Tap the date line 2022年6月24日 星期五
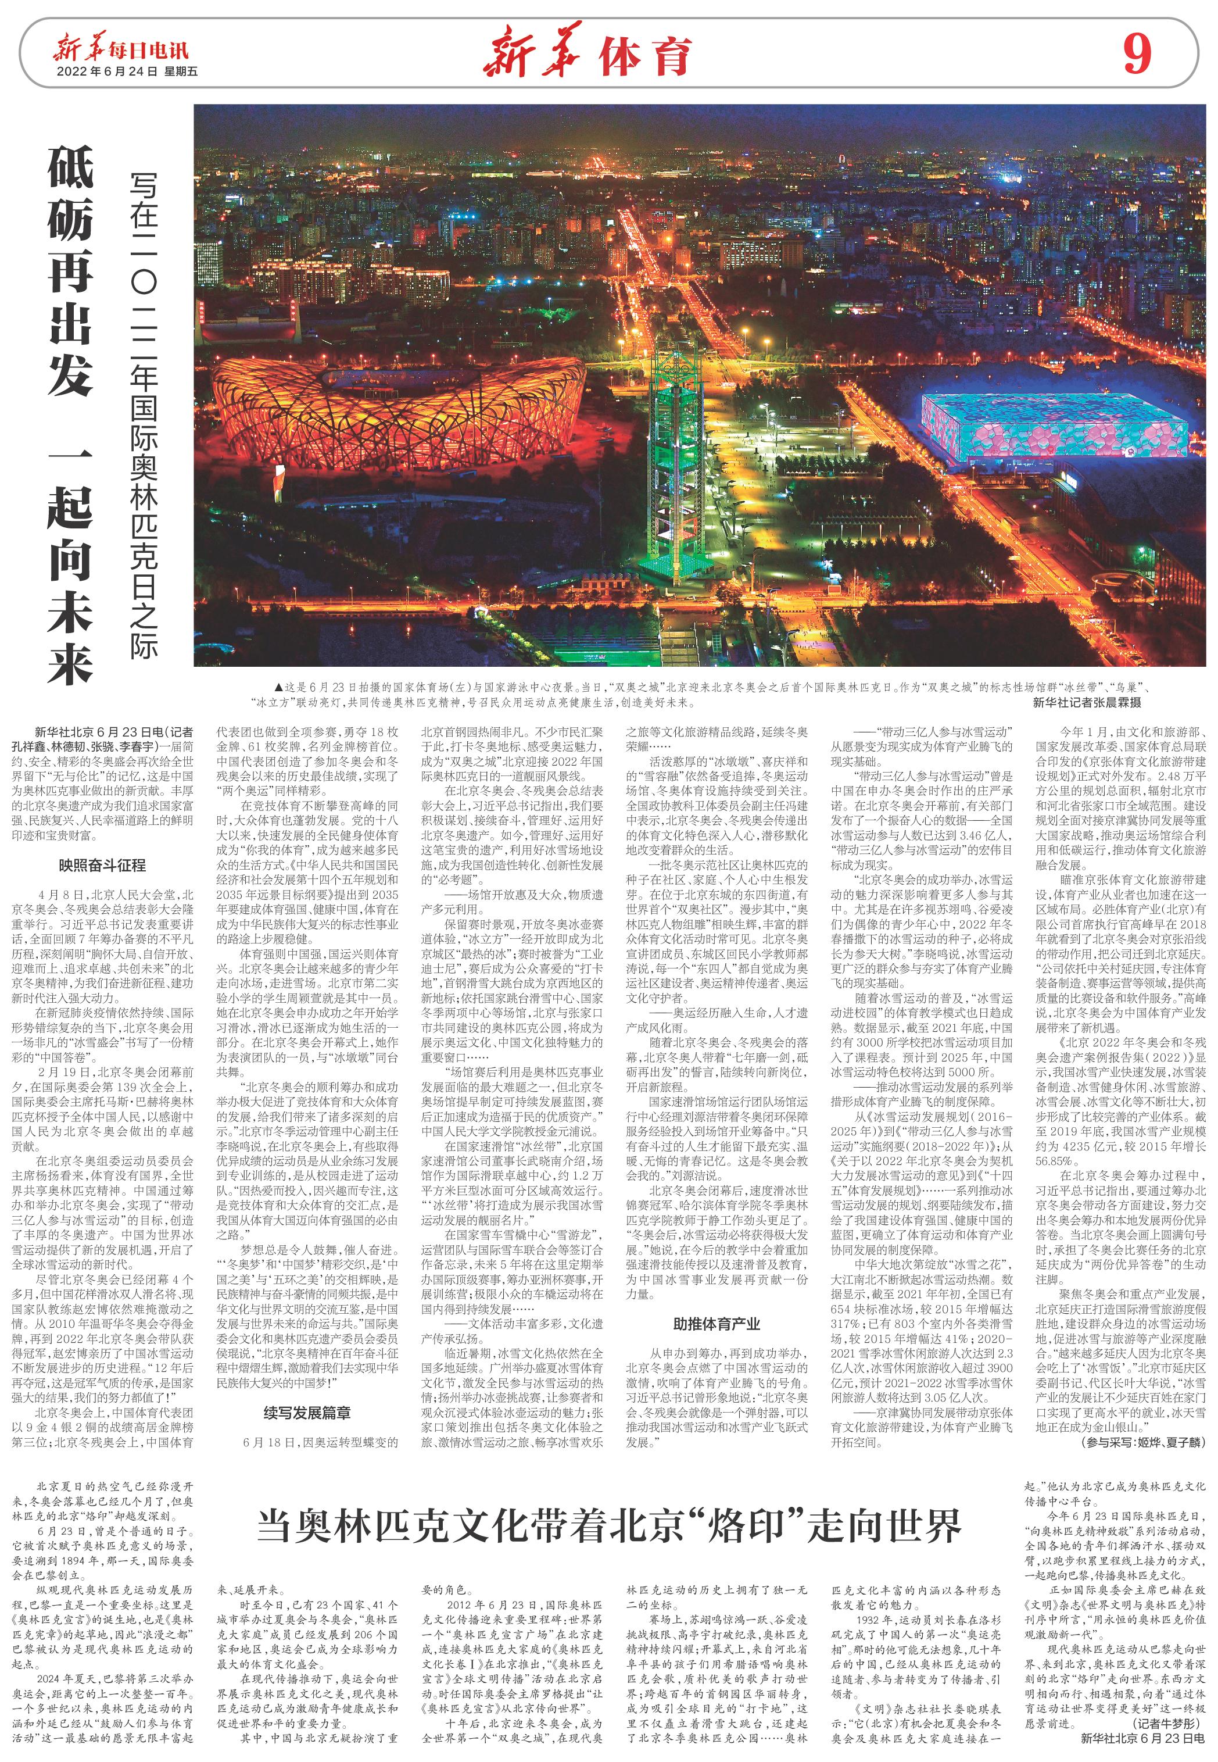[x=127, y=72]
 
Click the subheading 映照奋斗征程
[x=102, y=866]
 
